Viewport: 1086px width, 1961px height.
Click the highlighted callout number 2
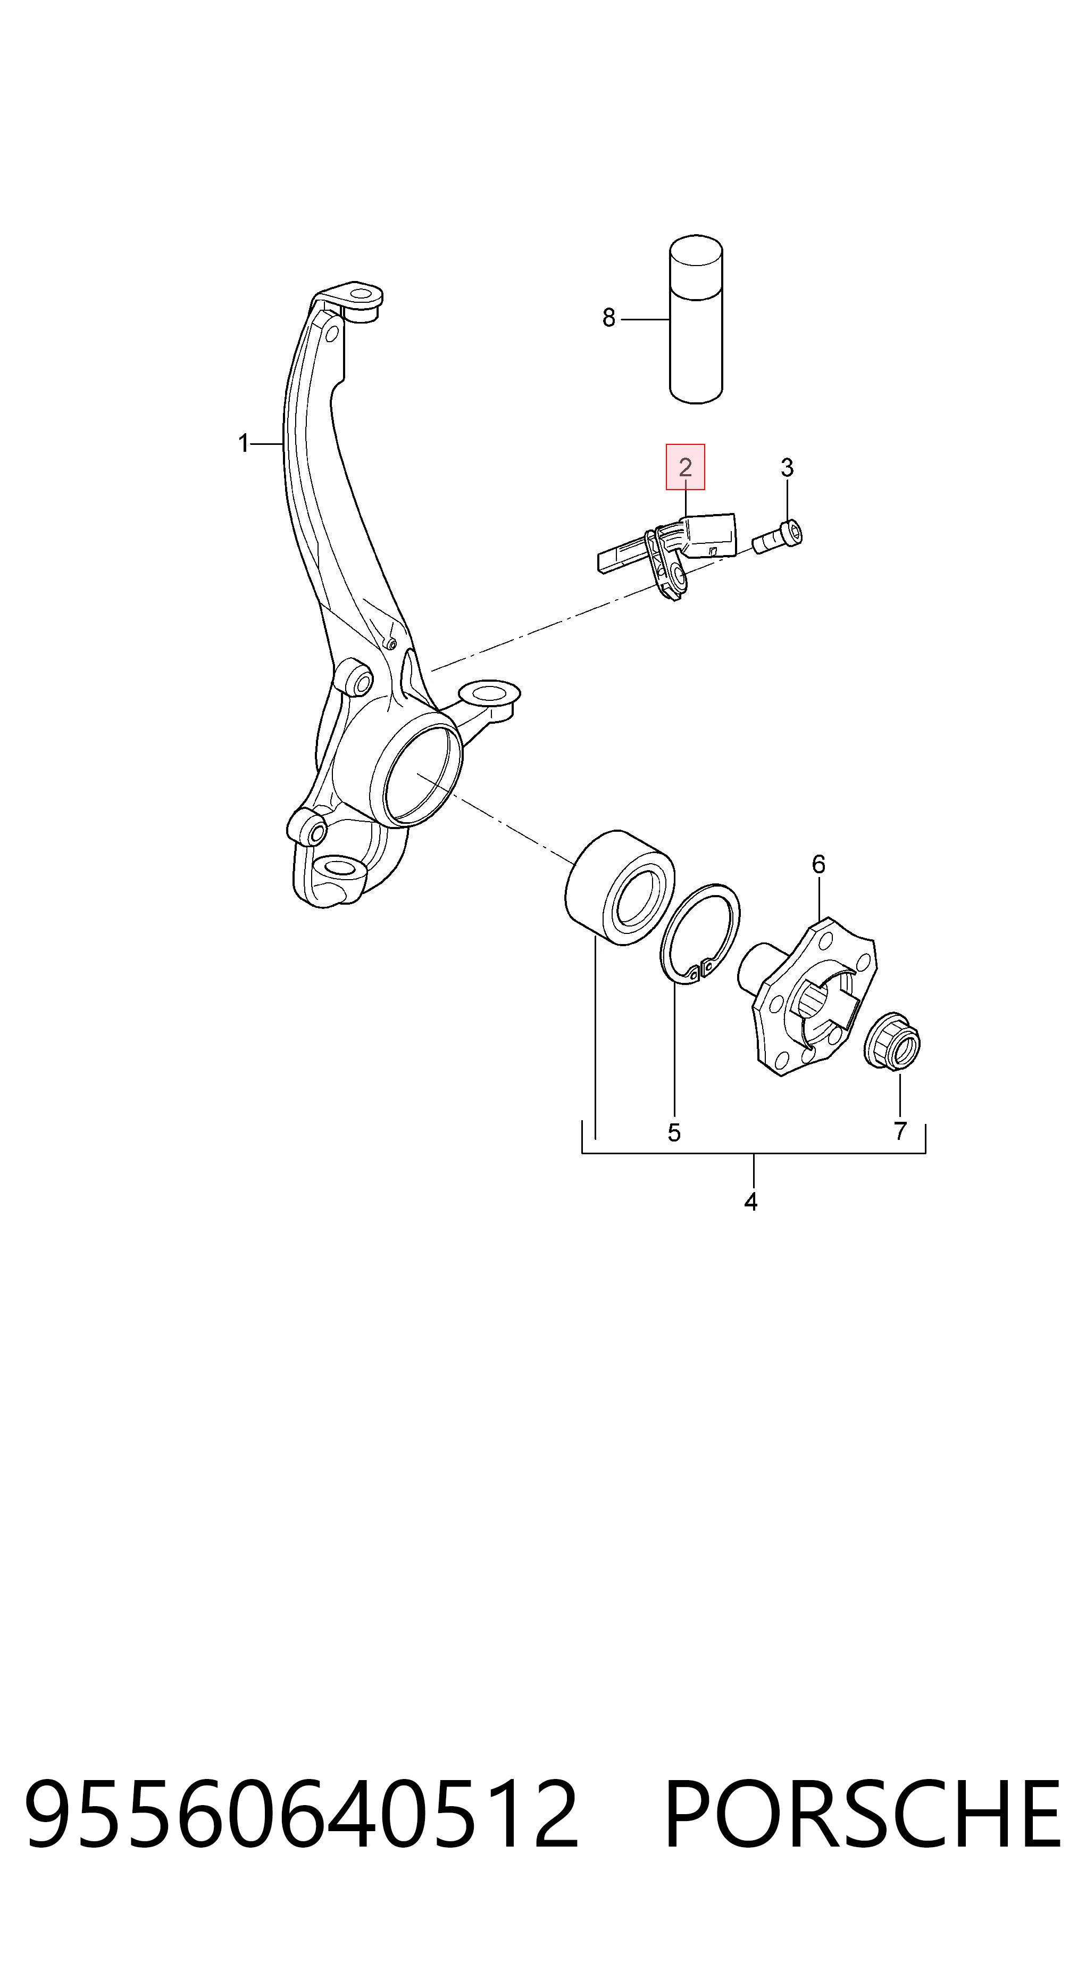click(685, 467)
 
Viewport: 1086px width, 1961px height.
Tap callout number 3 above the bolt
click(787, 467)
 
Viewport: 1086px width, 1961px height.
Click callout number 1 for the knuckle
click(244, 443)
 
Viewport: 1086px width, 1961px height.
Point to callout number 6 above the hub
click(818, 864)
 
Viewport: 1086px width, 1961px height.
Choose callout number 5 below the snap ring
click(673, 1133)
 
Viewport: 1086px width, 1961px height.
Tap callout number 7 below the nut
click(900, 1131)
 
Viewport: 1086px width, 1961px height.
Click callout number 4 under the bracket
click(751, 1202)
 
